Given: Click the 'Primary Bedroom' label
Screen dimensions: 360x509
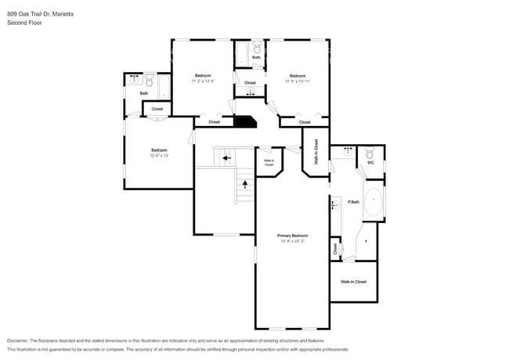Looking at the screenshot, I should coord(292,236).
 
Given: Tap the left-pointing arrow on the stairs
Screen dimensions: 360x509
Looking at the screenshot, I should coord(226,158).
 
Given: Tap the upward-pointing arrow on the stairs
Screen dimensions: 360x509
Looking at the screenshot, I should coord(247,185).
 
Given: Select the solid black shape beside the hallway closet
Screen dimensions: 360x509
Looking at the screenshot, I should coord(246,122).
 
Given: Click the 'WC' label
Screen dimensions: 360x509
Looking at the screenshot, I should coord(370,163).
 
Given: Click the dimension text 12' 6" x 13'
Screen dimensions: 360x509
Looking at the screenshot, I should coord(159,156).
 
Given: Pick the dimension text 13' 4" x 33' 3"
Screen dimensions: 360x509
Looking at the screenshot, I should coord(292,241).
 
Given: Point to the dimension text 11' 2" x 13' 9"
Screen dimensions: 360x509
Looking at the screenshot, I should coord(203,81).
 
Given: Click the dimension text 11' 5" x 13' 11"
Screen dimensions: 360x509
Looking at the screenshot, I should coord(298,81).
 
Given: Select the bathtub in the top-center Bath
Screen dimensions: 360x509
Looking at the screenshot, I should coord(243,55).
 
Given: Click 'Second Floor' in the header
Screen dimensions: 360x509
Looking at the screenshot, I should coord(24,23).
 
